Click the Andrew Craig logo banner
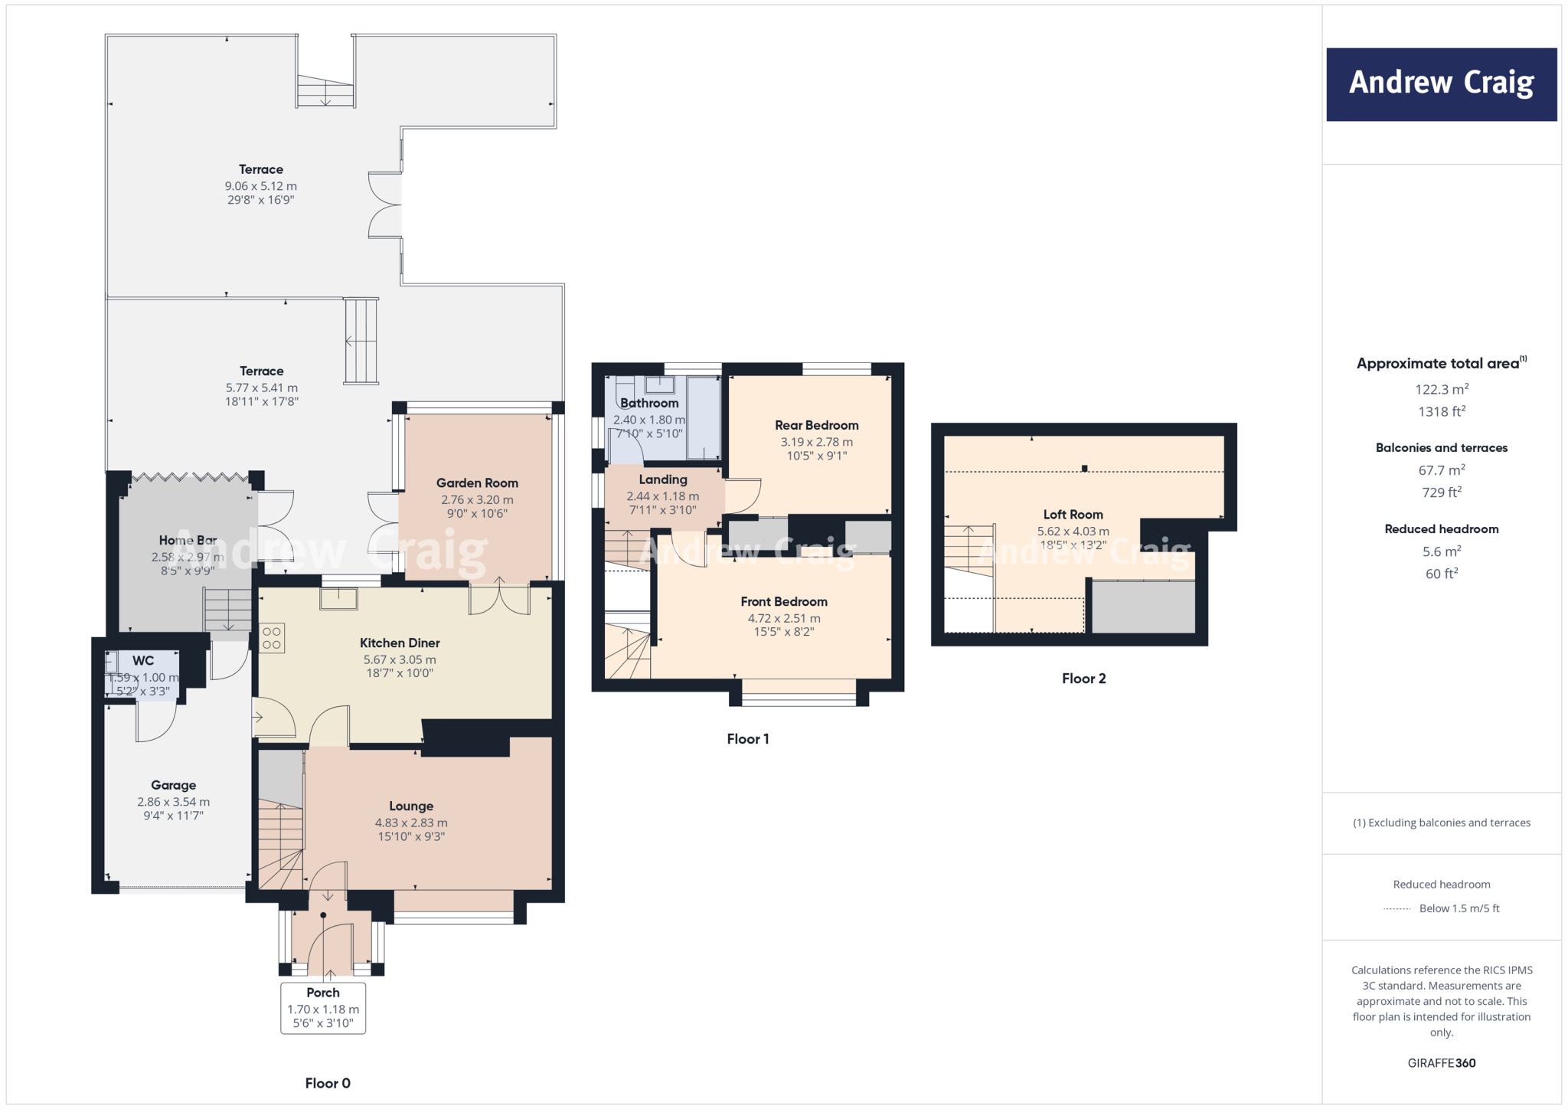tap(1441, 84)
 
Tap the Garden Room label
tap(477, 483)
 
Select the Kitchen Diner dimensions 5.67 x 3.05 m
tap(400, 659)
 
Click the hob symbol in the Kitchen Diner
tap(272, 639)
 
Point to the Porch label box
tap(323, 1008)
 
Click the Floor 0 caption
tap(328, 1083)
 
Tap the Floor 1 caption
tap(747, 739)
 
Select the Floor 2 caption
tap(1083, 679)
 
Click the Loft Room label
tap(1073, 515)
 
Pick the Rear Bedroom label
tap(816, 425)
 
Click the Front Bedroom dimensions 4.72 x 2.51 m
tap(783, 618)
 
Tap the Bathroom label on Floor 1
tap(649, 403)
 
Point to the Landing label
tap(663, 479)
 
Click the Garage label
tap(174, 785)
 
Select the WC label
tap(143, 660)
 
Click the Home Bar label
tap(188, 540)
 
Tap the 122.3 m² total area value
tap(1441, 389)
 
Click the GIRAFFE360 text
tap(1441, 1063)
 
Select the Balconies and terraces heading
tap(1441, 448)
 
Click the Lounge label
tap(411, 806)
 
